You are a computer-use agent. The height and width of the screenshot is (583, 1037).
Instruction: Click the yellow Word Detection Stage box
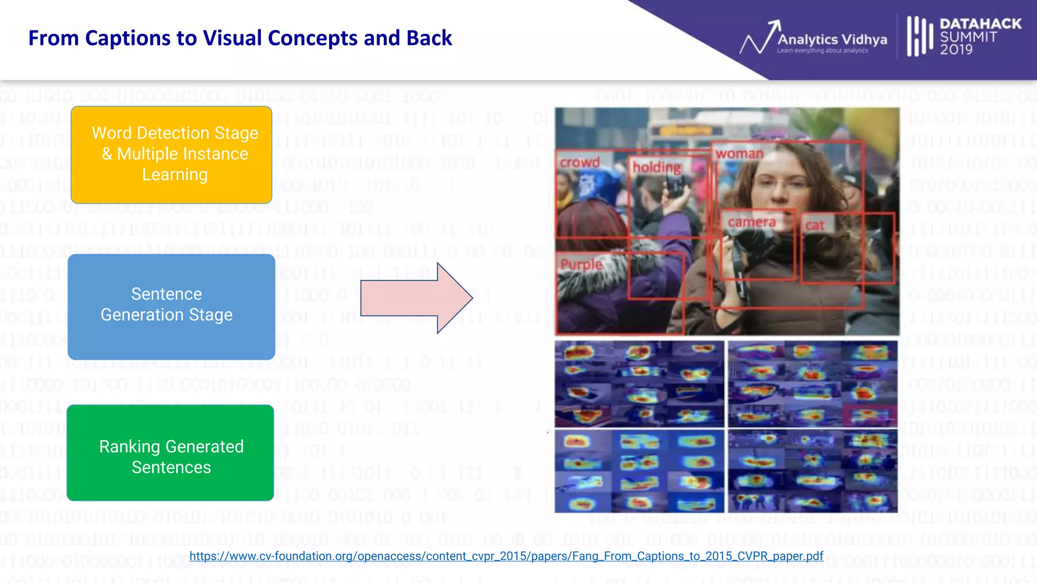click(x=171, y=154)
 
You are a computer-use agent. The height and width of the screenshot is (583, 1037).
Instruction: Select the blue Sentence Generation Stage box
click(x=171, y=307)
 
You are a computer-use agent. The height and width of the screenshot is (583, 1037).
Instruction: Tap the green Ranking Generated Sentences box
click(x=170, y=453)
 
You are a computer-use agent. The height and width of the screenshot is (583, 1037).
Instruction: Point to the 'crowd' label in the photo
click(x=580, y=162)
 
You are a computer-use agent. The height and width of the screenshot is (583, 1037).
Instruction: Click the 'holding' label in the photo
click(x=657, y=167)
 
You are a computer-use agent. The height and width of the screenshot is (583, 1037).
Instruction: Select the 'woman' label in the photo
click(x=739, y=154)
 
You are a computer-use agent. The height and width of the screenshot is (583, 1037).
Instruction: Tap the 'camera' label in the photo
click(x=751, y=222)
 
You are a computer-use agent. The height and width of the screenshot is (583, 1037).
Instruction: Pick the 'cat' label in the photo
click(x=815, y=226)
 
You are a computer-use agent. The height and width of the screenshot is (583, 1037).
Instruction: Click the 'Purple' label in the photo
click(x=581, y=264)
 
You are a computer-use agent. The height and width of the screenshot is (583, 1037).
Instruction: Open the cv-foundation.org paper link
click(x=506, y=556)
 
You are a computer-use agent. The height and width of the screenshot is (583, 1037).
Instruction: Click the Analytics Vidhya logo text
click(x=832, y=39)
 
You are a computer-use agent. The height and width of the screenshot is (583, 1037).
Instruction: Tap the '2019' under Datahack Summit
click(x=956, y=50)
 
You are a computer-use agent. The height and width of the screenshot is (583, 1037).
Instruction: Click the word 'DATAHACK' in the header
click(x=980, y=24)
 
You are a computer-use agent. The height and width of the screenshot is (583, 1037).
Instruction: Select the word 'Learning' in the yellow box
click(x=175, y=175)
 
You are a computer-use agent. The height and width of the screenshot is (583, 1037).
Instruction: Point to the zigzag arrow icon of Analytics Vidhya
click(x=760, y=38)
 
